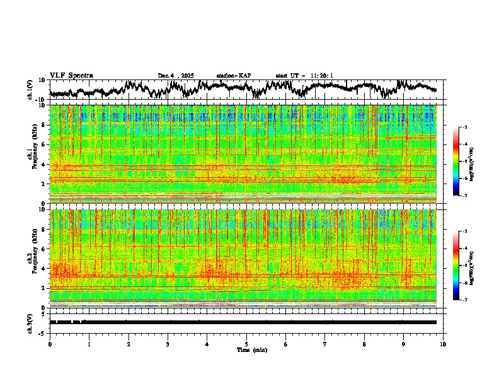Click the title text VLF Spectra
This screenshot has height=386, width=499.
pyautogui.click(x=71, y=76)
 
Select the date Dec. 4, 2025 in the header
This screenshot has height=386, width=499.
pyautogui.click(x=176, y=76)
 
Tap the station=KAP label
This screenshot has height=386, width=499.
pyautogui.click(x=234, y=76)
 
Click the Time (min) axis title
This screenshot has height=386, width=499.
pyautogui.click(x=251, y=349)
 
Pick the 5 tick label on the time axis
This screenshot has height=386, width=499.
pyautogui.click(x=246, y=344)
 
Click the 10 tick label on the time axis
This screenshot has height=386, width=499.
pyautogui.click(x=443, y=344)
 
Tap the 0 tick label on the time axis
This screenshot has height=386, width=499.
pyautogui.click(x=50, y=344)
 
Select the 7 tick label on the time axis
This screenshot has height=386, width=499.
pyautogui.click(x=325, y=344)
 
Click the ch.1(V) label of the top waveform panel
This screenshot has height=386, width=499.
pyautogui.click(x=30, y=90)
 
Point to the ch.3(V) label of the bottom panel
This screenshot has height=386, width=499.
pyautogui.click(x=30, y=322)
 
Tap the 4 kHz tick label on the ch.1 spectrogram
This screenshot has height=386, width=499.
pyautogui.click(x=45, y=165)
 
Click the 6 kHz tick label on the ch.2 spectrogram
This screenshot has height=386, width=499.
pyautogui.click(x=45, y=249)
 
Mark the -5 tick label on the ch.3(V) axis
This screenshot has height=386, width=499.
pyautogui.click(x=43, y=332)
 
